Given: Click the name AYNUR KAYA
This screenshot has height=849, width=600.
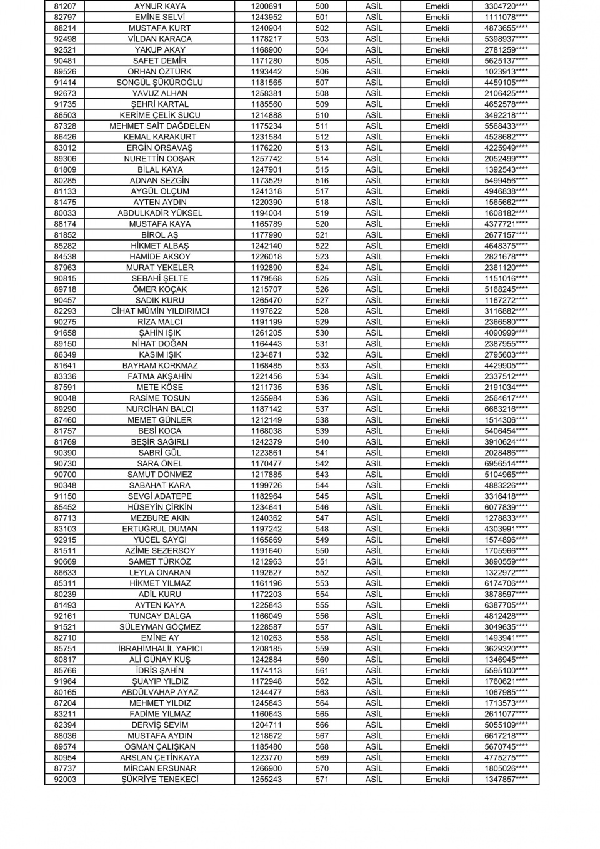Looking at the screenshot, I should tap(160, 6).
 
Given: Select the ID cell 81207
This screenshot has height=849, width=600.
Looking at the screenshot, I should tap(65, 6).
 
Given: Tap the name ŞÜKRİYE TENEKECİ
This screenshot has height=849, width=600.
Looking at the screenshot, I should tap(160, 780).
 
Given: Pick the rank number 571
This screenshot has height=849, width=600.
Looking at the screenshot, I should tap(322, 780).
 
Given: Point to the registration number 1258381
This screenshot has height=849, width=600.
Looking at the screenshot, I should tap(266, 93).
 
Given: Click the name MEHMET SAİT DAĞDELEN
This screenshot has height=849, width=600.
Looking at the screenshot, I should tap(160, 126).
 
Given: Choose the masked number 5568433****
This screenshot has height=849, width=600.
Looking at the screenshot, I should tap(506, 126).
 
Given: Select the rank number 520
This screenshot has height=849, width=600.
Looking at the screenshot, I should tap(322, 224).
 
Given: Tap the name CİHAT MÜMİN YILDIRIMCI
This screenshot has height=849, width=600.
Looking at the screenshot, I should tap(160, 311).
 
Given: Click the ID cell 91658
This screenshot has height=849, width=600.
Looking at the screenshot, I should tap(65, 333).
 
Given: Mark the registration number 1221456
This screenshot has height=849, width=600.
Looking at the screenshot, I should tap(266, 376).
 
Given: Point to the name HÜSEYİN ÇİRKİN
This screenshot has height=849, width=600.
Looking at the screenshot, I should tap(160, 507).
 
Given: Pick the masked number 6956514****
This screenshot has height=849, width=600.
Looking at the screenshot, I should tap(506, 464).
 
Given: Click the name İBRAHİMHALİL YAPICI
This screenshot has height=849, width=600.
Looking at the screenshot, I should tap(160, 649).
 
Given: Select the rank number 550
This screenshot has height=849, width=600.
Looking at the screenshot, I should tap(322, 551).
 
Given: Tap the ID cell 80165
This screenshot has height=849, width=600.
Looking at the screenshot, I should tap(65, 692).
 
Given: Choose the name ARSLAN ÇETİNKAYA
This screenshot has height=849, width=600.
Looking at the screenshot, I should tap(160, 758).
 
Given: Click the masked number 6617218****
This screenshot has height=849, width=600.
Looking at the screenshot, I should tap(506, 736).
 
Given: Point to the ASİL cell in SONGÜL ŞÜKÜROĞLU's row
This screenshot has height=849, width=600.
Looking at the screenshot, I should tap(374, 83).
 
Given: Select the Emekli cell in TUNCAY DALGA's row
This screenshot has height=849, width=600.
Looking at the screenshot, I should tap(437, 616).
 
